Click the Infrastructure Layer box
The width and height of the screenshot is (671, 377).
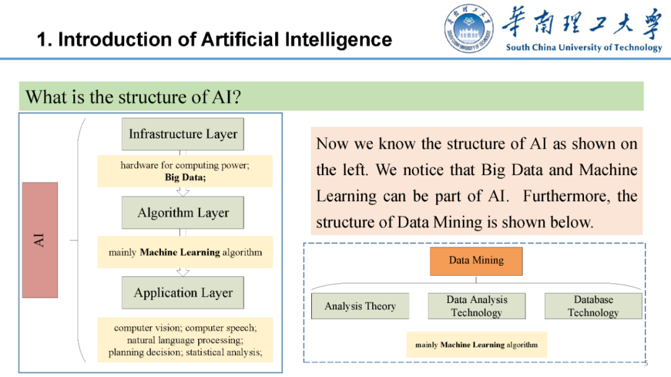tap(183, 134)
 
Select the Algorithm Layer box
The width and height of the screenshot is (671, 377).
tap(183, 213)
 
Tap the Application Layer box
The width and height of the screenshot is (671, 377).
tap(183, 293)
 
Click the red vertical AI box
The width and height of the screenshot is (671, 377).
tap(40, 240)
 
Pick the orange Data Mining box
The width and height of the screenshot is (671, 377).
tap(476, 261)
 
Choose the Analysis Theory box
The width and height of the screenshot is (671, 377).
tap(360, 306)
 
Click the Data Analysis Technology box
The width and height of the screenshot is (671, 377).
tap(477, 306)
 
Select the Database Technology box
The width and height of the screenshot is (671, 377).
tap(593, 306)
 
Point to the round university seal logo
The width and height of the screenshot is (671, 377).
tap(469, 29)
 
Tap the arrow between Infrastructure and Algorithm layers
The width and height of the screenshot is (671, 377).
tap(183, 192)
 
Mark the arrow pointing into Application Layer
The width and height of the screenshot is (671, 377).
tap(183, 272)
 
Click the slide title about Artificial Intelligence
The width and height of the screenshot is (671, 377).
tap(214, 40)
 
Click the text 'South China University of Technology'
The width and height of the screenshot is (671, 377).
tap(583, 48)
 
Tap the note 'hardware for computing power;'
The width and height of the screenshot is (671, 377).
tap(184, 165)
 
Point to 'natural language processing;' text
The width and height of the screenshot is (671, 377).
tap(185, 340)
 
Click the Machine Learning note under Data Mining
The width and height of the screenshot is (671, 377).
tap(477, 345)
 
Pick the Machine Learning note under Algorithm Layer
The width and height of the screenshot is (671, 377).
tap(185, 253)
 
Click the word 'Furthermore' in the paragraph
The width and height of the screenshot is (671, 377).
tap(562, 196)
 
